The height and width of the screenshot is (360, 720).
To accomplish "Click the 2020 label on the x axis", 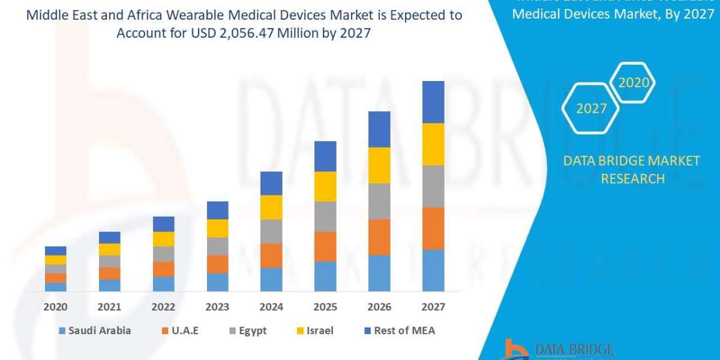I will click(55, 307).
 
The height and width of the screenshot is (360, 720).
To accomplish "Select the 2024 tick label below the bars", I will click(271, 307).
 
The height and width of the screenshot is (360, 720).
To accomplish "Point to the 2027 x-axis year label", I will click(433, 307).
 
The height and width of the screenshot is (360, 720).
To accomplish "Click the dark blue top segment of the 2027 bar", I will click(433, 102).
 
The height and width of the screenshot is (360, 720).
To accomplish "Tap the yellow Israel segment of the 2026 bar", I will click(379, 165).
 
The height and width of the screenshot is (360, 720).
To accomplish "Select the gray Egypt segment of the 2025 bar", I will click(325, 216).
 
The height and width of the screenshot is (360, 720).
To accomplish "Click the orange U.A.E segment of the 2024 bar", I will click(271, 255).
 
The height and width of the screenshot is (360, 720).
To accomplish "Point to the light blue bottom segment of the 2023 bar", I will click(217, 282).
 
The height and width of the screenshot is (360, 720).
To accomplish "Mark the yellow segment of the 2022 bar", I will click(163, 239).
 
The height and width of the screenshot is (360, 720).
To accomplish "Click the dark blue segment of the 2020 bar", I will click(55, 250).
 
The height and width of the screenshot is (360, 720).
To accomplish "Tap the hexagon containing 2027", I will click(591, 109).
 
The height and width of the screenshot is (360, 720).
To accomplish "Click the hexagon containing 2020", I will click(634, 82).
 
